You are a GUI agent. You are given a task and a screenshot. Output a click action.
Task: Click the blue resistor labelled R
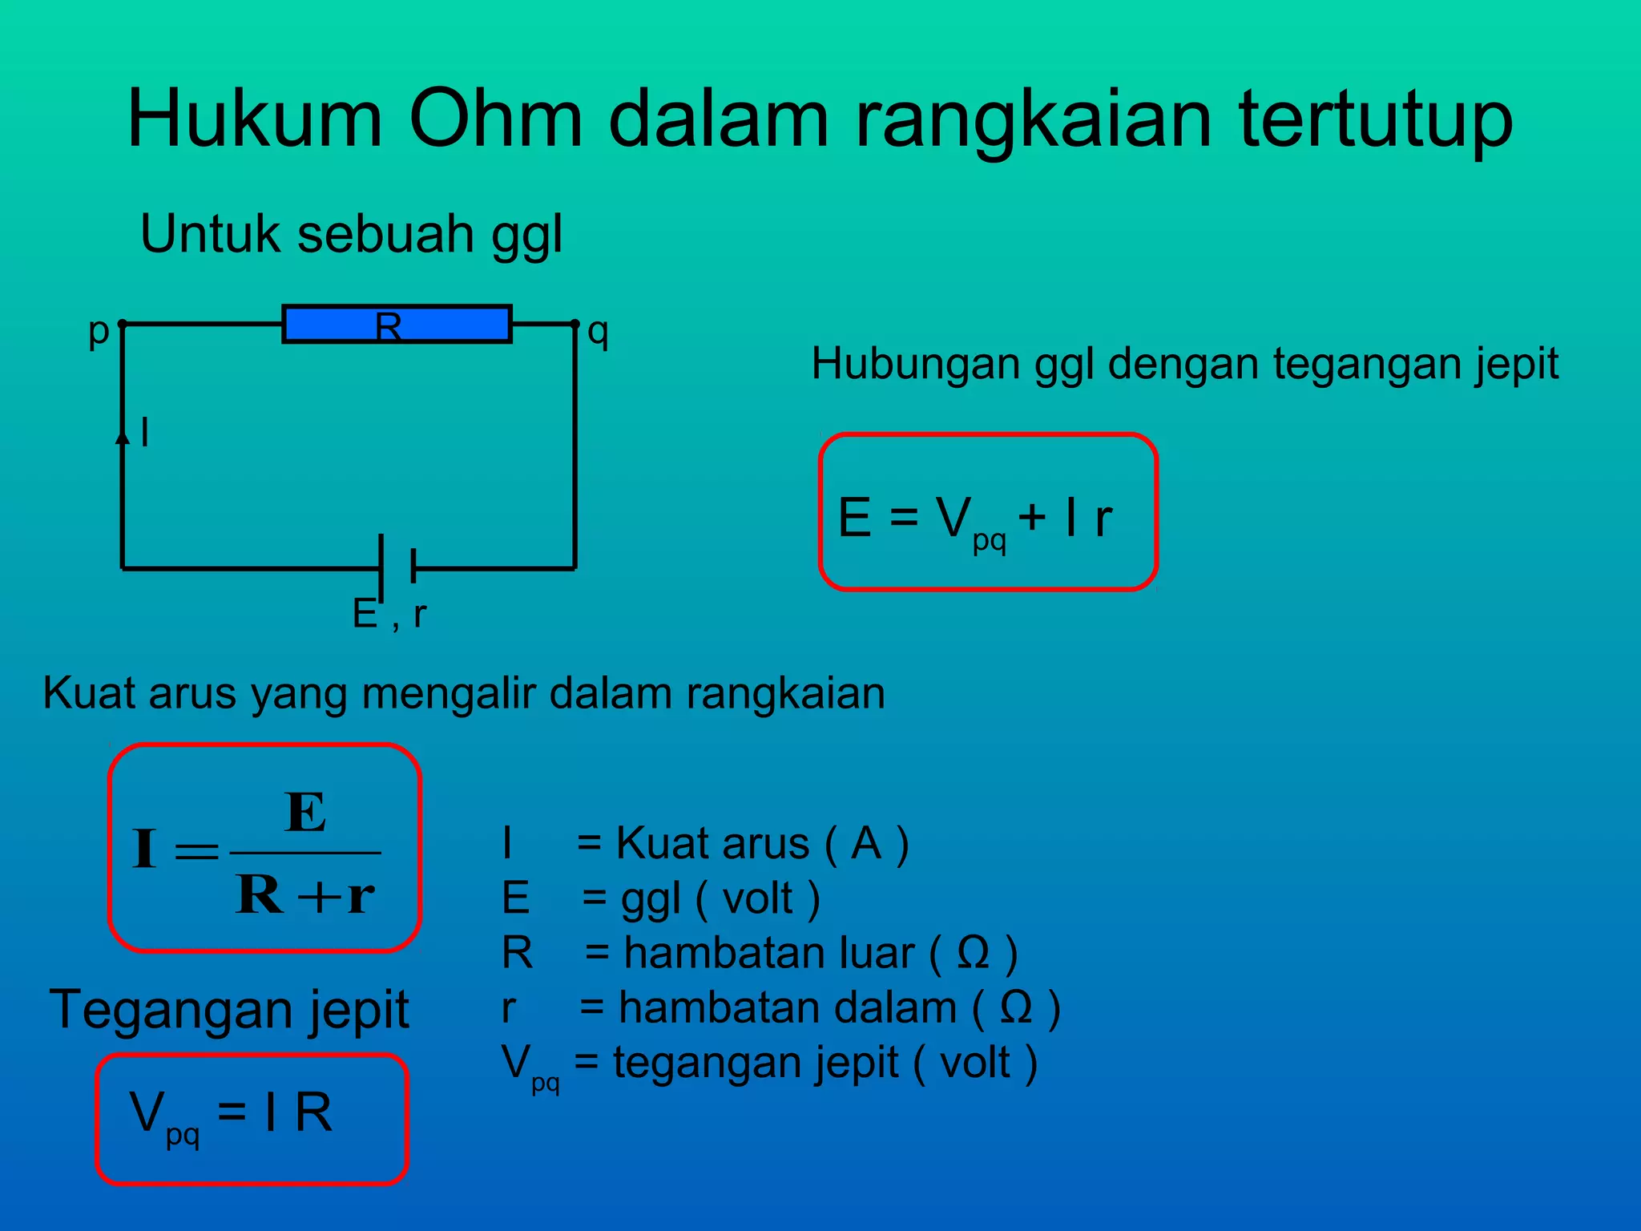(397, 325)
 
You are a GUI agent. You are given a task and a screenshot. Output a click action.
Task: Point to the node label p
(98, 329)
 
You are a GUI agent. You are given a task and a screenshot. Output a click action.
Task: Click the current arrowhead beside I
(123, 437)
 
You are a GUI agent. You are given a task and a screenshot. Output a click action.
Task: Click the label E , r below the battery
(389, 615)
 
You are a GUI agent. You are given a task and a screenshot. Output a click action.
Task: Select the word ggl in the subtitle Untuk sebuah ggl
(526, 236)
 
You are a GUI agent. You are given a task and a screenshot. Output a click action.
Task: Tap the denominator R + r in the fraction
(305, 894)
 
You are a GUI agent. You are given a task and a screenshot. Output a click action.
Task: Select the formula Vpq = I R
(231, 1114)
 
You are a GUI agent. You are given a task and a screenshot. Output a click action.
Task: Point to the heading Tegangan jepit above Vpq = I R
(229, 1010)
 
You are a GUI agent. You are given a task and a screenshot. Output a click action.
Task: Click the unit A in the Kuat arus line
(866, 844)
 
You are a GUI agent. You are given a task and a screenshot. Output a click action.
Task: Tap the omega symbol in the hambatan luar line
(974, 954)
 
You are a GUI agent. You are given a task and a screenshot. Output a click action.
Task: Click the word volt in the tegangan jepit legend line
(974, 1064)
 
